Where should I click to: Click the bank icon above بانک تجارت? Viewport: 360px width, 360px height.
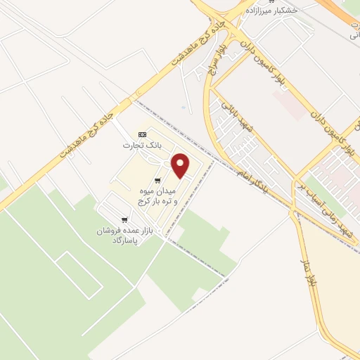pos(143,134)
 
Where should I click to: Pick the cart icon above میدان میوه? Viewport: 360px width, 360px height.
pos(157,181)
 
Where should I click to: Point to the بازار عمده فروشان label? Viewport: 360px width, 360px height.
pos(121,231)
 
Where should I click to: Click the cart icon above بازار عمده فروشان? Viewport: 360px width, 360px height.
pos(124,220)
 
